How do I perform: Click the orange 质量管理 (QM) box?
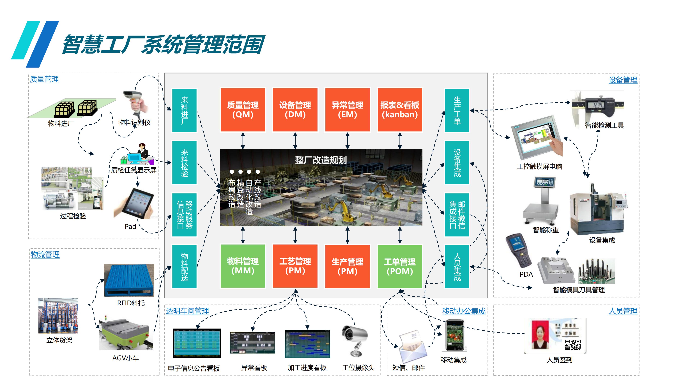[243, 110]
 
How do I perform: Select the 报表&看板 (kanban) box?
[400, 110]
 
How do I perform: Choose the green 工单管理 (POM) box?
[400, 266]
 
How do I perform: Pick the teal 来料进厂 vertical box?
[184, 110]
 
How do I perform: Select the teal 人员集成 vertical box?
[457, 267]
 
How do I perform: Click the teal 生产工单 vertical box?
[457, 110]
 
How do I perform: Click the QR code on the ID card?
[572, 345]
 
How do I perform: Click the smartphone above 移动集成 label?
[455, 336]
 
